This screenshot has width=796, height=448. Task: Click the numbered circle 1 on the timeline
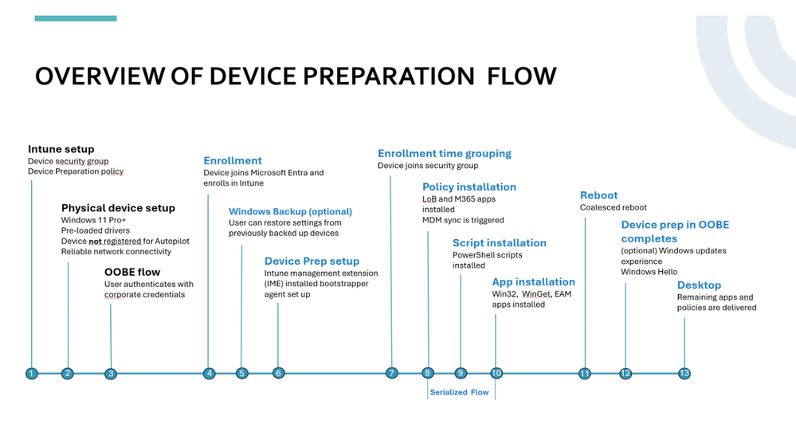(x=31, y=373)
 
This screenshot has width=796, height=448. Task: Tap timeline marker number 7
(x=391, y=373)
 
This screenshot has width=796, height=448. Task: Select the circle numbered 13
(x=684, y=373)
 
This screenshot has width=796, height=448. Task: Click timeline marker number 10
(x=496, y=373)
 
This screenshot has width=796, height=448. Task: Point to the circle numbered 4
(x=209, y=373)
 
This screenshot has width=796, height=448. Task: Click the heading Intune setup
(x=61, y=149)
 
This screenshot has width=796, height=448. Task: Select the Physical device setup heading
(x=118, y=208)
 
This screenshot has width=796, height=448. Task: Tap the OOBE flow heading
(x=132, y=272)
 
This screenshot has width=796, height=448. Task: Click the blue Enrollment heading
(x=233, y=160)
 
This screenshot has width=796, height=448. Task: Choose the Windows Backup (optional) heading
(x=290, y=211)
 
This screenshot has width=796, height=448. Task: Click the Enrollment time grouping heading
(x=445, y=153)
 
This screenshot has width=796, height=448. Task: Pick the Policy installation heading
(x=469, y=187)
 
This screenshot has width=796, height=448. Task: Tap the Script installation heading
(x=500, y=242)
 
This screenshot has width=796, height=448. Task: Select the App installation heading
(x=533, y=281)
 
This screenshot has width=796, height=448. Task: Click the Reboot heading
(x=598, y=195)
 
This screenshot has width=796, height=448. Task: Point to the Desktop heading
(x=699, y=285)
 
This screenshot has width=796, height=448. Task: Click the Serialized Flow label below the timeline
(x=459, y=392)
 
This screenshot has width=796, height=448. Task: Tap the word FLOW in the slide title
(x=522, y=77)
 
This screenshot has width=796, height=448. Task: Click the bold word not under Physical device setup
(x=95, y=241)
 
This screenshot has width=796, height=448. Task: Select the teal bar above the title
(x=76, y=18)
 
